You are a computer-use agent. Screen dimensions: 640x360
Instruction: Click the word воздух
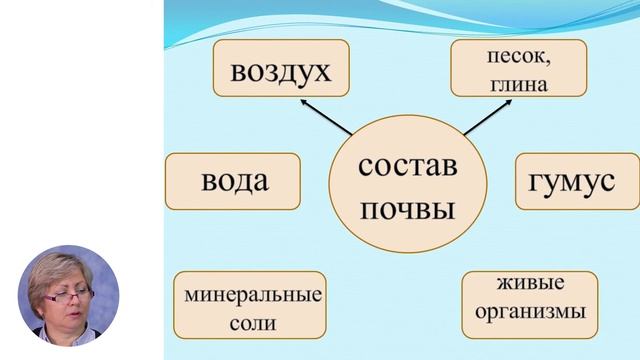click(x=281, y=71)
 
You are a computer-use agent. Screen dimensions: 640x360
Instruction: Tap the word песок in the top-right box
click(x=517, y=59)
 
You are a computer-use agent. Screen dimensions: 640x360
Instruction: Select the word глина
click(x=518, y=85)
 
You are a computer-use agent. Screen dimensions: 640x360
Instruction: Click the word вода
click(x=234, y=181)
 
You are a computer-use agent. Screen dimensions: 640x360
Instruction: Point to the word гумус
click(x=577, y=181)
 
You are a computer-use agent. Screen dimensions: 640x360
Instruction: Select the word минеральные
click(x=252, y=295)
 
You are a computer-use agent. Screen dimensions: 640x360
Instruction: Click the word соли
click(x=251, y=323)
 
